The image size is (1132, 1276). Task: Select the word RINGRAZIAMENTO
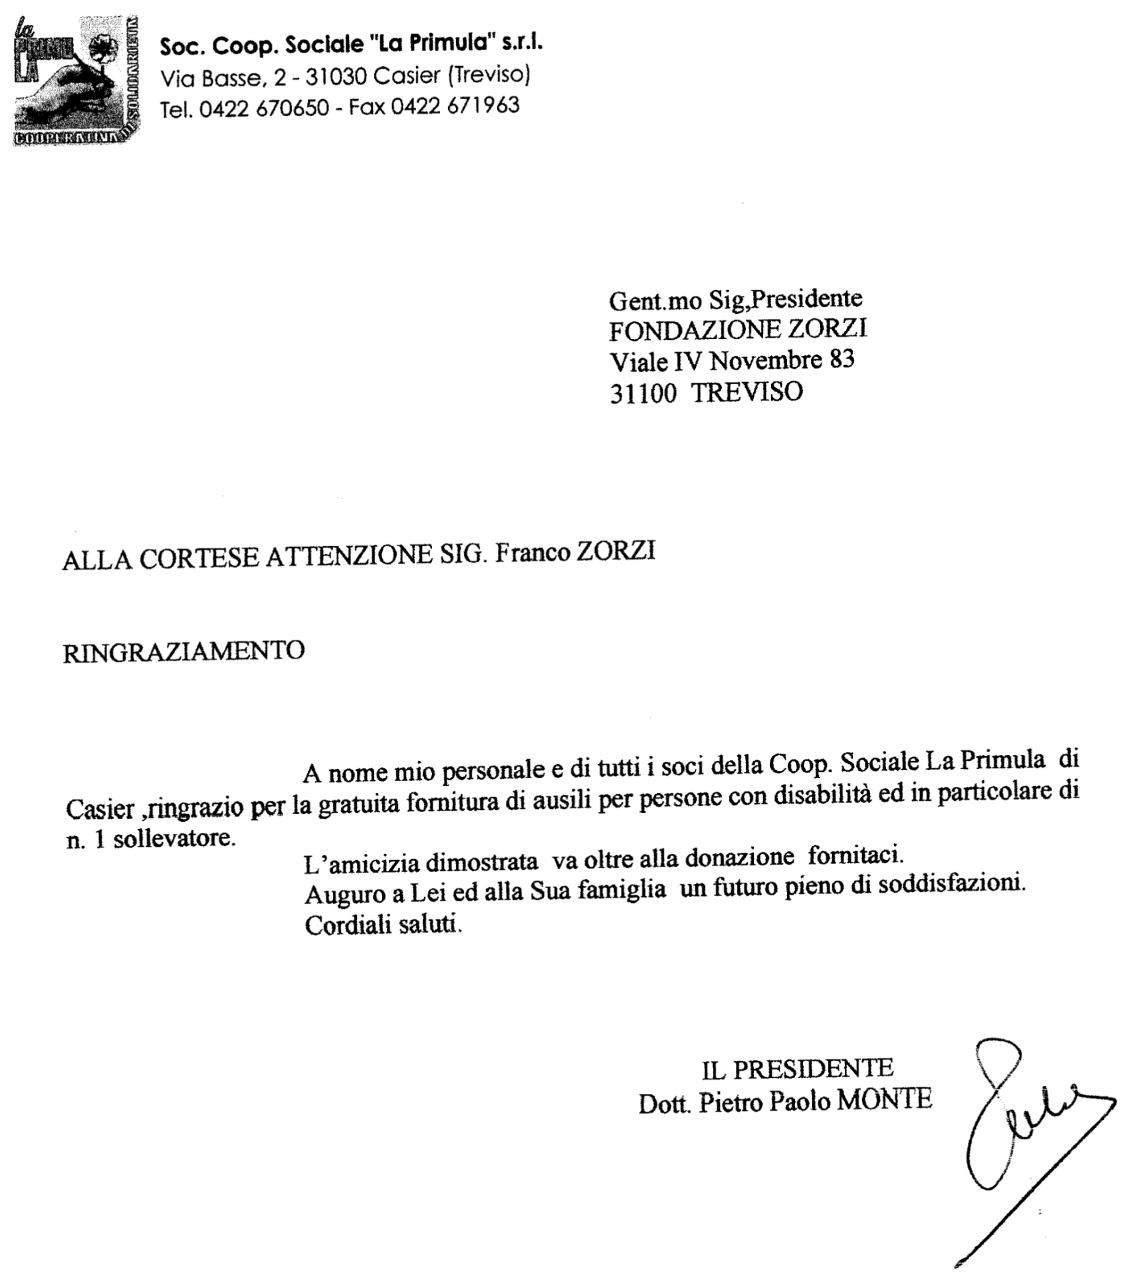(x=183, y=651)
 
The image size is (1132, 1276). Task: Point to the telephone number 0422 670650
(x=264, y=108)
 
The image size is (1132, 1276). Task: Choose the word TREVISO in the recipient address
(x=747, y=391)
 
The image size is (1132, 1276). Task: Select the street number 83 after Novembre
(x=842, y=360)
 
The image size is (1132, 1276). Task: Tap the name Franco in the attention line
(x=531, y=553)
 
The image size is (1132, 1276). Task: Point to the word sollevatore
(x=174, y=839)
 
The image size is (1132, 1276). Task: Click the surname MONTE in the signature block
(x=884, y=1100)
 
